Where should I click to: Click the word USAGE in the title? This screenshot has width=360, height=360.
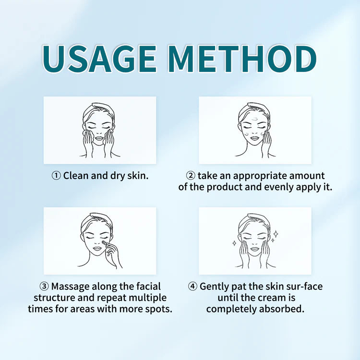click(x=100, y=59)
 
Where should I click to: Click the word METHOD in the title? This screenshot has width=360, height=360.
click(x=243, y=59)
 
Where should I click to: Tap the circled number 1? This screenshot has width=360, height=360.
click(x=56, y=176)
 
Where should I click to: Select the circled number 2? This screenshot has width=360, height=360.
click(x=191, y=176)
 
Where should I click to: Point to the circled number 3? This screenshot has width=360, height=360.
click(x=44, y=287)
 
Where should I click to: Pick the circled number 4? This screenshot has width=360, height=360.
click(x=192, y=287)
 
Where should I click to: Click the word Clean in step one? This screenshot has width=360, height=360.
click(x=76, y=176)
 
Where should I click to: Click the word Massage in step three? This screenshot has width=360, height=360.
click(x=70, y=287)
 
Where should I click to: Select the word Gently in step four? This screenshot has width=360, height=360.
click(x=214, y=287)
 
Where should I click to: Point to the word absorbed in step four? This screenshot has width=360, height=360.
click(x=282, y=309)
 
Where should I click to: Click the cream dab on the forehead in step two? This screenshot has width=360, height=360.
click(x=255, y=119)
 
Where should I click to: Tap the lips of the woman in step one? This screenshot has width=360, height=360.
click(x=100, y=138)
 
